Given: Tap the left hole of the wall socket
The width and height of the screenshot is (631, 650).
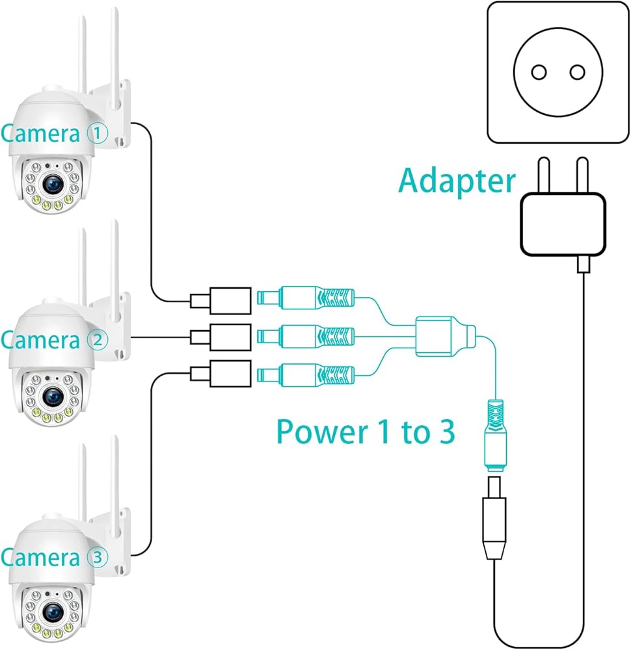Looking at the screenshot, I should click(x=539, y=72).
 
